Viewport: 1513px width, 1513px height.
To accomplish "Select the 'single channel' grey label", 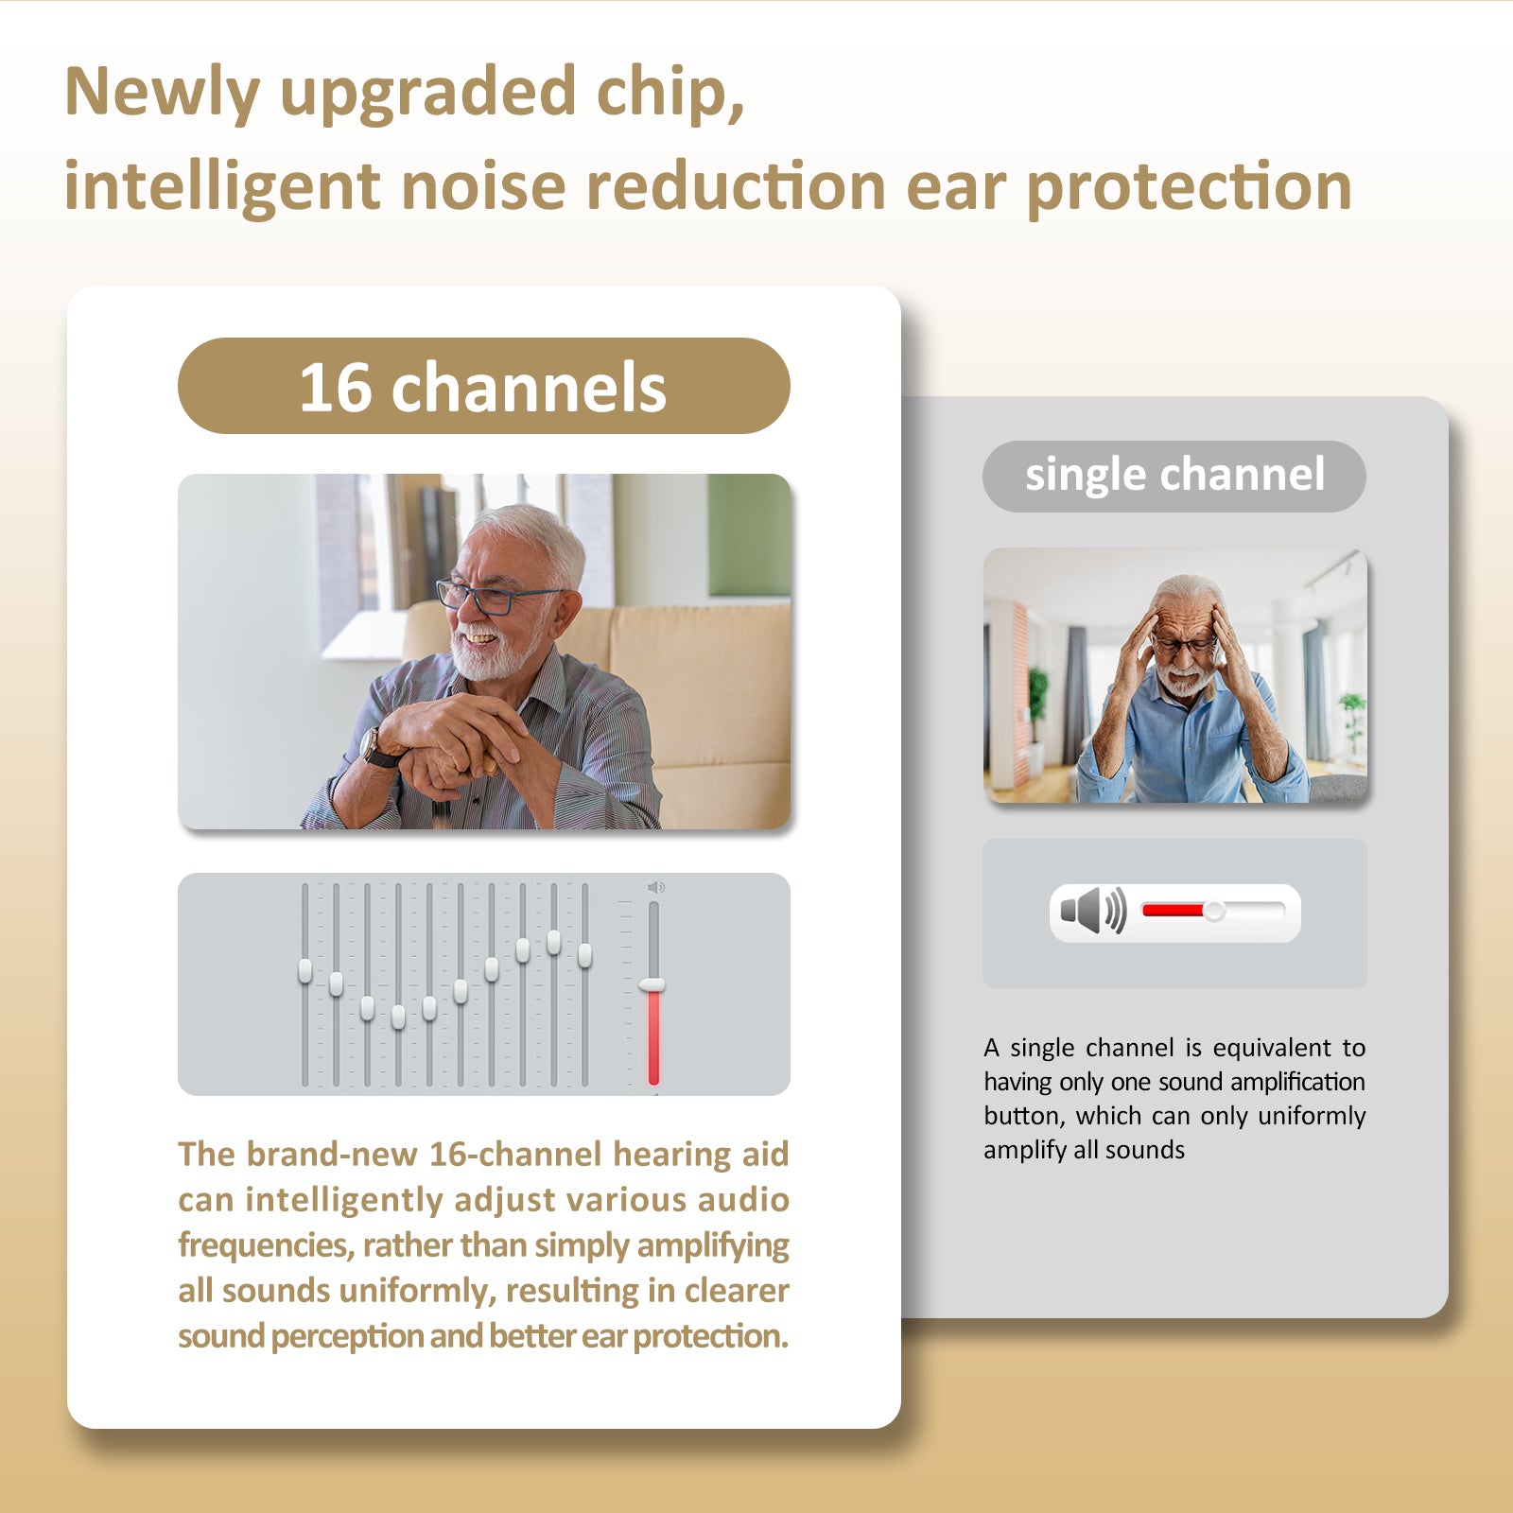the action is [x=1174, y=476].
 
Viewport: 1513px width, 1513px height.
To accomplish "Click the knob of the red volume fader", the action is [x=652, y=985].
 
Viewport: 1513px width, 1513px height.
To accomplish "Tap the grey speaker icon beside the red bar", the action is [x=1093, y=911].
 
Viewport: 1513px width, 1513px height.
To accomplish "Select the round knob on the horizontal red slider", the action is [x=1214, y=911].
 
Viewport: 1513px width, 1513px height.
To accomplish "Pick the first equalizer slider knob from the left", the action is [x=304, y=971].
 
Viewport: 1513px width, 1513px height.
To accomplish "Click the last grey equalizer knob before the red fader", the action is [x=584, y=956].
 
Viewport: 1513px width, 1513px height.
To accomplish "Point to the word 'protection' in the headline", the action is [x=1190, y=188].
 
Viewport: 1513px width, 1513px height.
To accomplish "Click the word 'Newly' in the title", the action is [x=162, y=94].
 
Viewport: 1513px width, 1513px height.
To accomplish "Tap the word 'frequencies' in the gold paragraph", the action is [x=266, y=1245].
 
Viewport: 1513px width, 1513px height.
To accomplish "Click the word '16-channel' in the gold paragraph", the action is [x=515, y=1155].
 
